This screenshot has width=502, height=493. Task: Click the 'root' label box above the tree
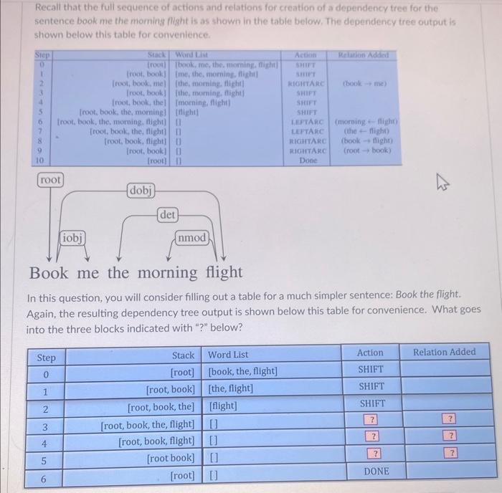click(x=50, y=179)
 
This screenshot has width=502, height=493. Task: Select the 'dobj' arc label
click(x=141, y=191)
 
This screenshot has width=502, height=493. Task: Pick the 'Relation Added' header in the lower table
click(x=444, y=353)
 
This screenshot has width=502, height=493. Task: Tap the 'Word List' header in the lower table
click(x=228, y=355)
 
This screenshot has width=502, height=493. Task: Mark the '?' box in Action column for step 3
click(x=371, y=419)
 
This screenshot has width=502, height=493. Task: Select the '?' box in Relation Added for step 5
click(x=450, y=453)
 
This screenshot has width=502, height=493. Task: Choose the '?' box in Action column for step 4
click(x=371, y=436)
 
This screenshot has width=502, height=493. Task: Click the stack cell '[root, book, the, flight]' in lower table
click(x=147, y=424)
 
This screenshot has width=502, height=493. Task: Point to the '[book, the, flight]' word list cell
click(x=242, y=372)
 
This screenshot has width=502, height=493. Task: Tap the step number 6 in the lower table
click(x=46, y=478)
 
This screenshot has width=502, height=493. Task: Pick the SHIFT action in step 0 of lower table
click(x=371, y=370)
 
